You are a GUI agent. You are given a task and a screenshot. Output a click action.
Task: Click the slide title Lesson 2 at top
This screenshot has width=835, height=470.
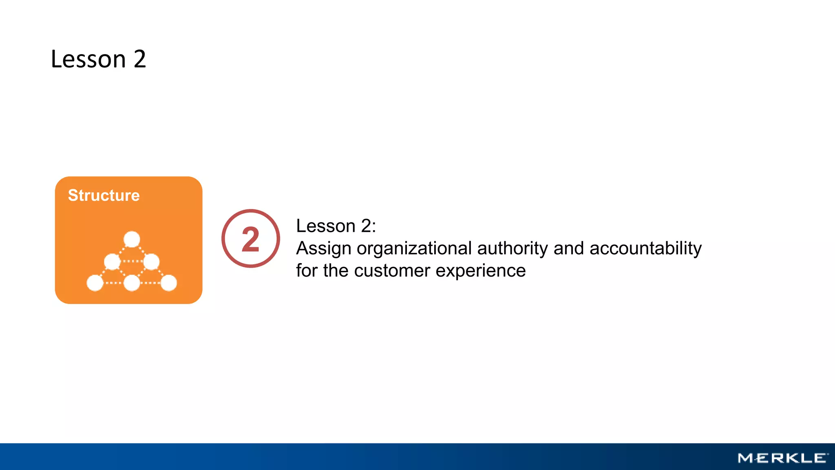98,59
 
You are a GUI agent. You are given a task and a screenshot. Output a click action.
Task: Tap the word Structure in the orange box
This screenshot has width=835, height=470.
104,195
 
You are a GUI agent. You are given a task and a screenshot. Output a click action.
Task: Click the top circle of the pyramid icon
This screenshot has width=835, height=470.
132,239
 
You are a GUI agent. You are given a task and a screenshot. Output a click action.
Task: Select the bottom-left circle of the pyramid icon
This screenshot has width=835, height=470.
95,283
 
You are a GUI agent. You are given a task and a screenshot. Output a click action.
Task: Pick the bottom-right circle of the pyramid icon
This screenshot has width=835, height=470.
169,283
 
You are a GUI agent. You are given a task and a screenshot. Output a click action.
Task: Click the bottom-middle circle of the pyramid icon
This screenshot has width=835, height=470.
132,283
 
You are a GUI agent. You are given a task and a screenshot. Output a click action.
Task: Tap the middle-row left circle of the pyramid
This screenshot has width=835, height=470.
112,262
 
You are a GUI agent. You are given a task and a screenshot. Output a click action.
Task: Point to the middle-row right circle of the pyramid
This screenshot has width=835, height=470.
151,262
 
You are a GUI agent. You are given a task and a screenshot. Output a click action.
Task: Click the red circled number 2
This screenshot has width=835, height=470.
251,239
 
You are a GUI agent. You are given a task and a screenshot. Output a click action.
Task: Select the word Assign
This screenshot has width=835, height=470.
323,248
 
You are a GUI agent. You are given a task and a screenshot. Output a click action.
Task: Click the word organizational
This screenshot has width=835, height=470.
414,248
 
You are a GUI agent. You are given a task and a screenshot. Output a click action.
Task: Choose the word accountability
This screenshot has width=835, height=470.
645,248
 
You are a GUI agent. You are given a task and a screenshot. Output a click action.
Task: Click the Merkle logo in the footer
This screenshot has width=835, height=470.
782,458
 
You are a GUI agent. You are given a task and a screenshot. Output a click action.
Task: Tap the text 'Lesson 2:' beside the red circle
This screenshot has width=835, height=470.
336,226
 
